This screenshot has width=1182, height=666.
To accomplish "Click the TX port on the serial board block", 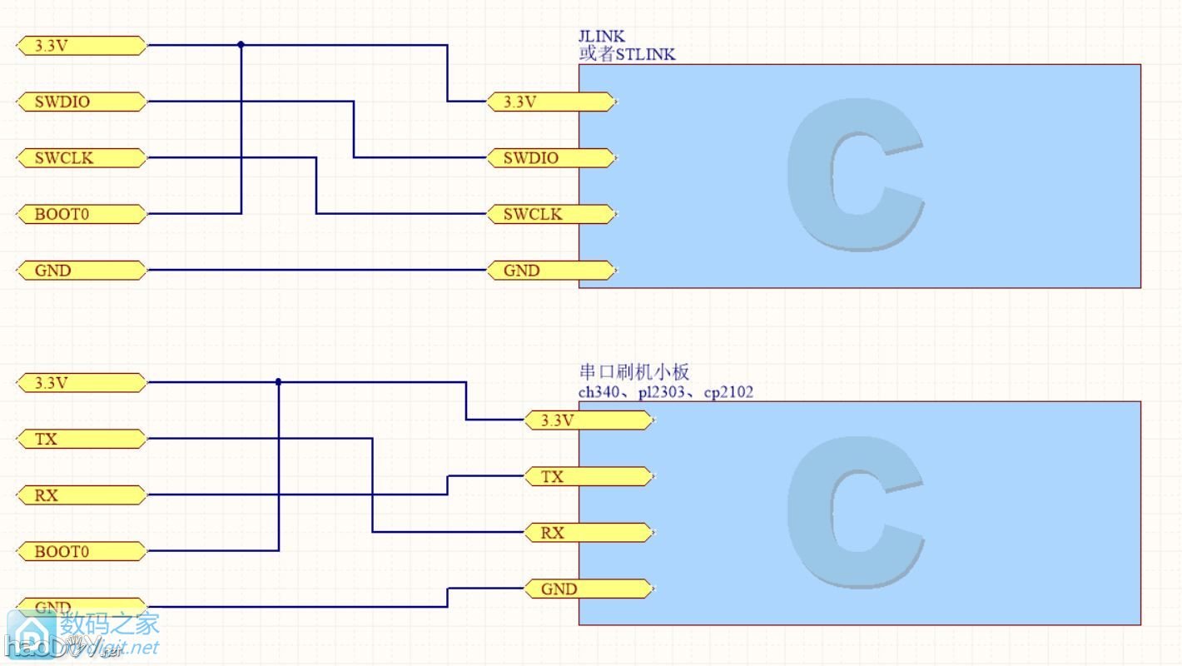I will pos(588,477).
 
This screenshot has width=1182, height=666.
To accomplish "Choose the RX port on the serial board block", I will pos(588,533).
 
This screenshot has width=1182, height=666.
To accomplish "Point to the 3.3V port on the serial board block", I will pos(588,420).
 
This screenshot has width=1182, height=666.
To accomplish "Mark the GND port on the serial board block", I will pos(588,589).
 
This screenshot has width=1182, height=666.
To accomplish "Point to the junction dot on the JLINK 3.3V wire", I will pos(241,45).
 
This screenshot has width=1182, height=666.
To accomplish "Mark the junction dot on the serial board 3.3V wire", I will pos(278,382).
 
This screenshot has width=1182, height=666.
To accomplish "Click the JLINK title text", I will pos(601,37).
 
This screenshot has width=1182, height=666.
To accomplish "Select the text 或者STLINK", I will pos(627,55).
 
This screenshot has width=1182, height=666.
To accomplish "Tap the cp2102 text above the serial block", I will pos(728,392).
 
